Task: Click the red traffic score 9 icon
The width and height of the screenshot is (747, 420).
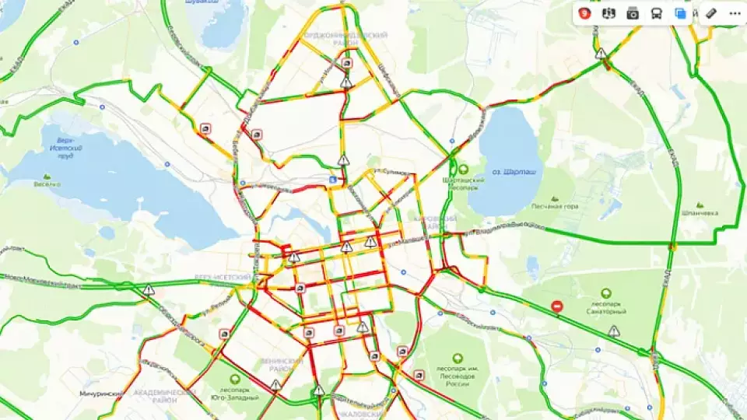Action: pyautogui.click(x=584, y=13)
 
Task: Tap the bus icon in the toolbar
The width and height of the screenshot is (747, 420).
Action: pyautogui.click(x=657, y=13)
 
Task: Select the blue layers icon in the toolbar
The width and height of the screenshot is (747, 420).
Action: pyautogui.click(x=680, y=13)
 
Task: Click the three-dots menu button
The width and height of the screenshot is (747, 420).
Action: pyautogui.click(x=735, y=13)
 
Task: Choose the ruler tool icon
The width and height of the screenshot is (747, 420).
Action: pyautogui.click(x=710, y=13)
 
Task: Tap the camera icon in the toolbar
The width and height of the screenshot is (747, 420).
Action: pyautogui.click(x=633, y=13)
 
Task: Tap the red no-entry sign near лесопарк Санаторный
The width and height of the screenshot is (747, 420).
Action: pyautogui.click(x=557, y=306)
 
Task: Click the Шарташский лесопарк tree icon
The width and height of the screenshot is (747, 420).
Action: pyautogui.click(x=463, y=168)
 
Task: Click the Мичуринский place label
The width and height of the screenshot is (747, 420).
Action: pyautogui.click(x=101, y=394)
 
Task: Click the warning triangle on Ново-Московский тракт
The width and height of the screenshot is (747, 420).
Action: pyautogui.click(x=149, y=290)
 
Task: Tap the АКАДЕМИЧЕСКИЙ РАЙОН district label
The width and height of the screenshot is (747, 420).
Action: pyautogui.click(x=165, y=396)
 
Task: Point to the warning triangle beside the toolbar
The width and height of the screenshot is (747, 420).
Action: pyautogui.click(x=601, y=54)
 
